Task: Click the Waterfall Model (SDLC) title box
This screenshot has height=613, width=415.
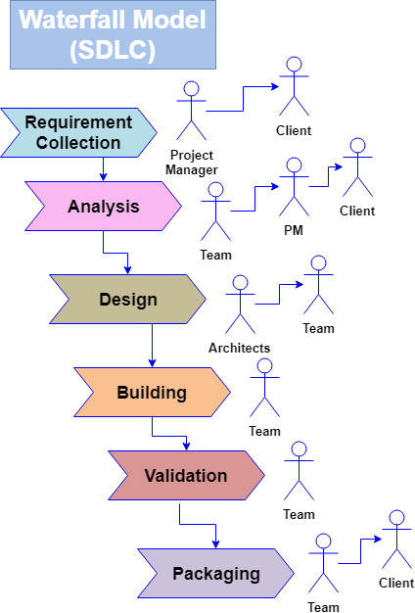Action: (113, 35)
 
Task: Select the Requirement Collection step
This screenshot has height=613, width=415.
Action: (78, 132)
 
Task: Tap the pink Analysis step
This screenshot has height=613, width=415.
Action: (103, 207)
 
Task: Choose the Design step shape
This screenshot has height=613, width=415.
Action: (127, 300)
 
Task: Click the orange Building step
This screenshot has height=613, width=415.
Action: (152, 393)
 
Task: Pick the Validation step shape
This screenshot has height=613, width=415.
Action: (186, 476)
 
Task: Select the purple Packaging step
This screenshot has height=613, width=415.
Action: (215, 574)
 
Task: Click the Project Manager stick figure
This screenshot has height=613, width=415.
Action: (191, 111)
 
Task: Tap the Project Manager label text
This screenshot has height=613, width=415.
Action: (193, 162)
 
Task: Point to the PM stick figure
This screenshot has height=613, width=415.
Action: (294, 188)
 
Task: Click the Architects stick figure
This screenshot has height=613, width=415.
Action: (240, 306)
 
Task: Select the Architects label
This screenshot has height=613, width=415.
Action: (240, 348)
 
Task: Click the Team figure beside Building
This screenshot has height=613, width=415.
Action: (264, 389)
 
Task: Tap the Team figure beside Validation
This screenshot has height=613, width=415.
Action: (299, 472)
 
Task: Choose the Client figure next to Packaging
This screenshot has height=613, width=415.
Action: (396, 541)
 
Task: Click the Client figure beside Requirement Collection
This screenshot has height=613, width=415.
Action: (293, 88)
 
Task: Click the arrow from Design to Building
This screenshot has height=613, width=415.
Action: (153, 347)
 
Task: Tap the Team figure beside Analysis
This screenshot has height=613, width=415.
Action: (215, 212)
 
